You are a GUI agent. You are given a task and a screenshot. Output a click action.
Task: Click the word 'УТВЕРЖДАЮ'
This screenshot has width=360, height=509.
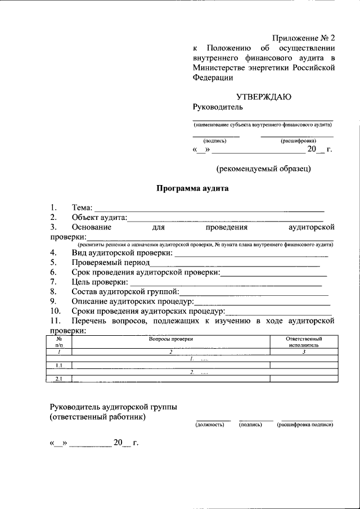tap(263, 96)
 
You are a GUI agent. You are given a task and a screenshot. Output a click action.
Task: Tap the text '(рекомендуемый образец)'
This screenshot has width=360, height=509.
tap(263, 168)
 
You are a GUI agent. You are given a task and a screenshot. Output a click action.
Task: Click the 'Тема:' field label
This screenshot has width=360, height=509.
tap(82, 209)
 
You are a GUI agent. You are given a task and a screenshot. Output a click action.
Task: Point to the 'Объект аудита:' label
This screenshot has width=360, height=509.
tap(99, 218)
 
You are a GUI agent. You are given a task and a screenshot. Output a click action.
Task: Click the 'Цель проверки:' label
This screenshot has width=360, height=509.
tap(100, 282)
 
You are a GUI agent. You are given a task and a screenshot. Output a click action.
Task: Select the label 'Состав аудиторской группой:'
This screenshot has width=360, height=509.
tap(125, 291)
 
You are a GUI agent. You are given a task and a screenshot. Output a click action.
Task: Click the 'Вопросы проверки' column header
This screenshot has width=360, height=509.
tap(171, 339)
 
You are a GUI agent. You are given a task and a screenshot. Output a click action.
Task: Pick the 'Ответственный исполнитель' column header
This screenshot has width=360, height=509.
tap(304, 342)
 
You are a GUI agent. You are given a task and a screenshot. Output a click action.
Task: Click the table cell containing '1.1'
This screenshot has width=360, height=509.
tap(59, 366)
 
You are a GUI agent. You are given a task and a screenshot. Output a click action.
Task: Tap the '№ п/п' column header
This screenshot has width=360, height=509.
tap(59, 342)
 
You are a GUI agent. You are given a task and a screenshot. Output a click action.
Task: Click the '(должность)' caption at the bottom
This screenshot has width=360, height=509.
tap(210, 425)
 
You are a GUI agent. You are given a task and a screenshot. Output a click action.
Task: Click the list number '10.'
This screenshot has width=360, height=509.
tap(55, 311)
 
